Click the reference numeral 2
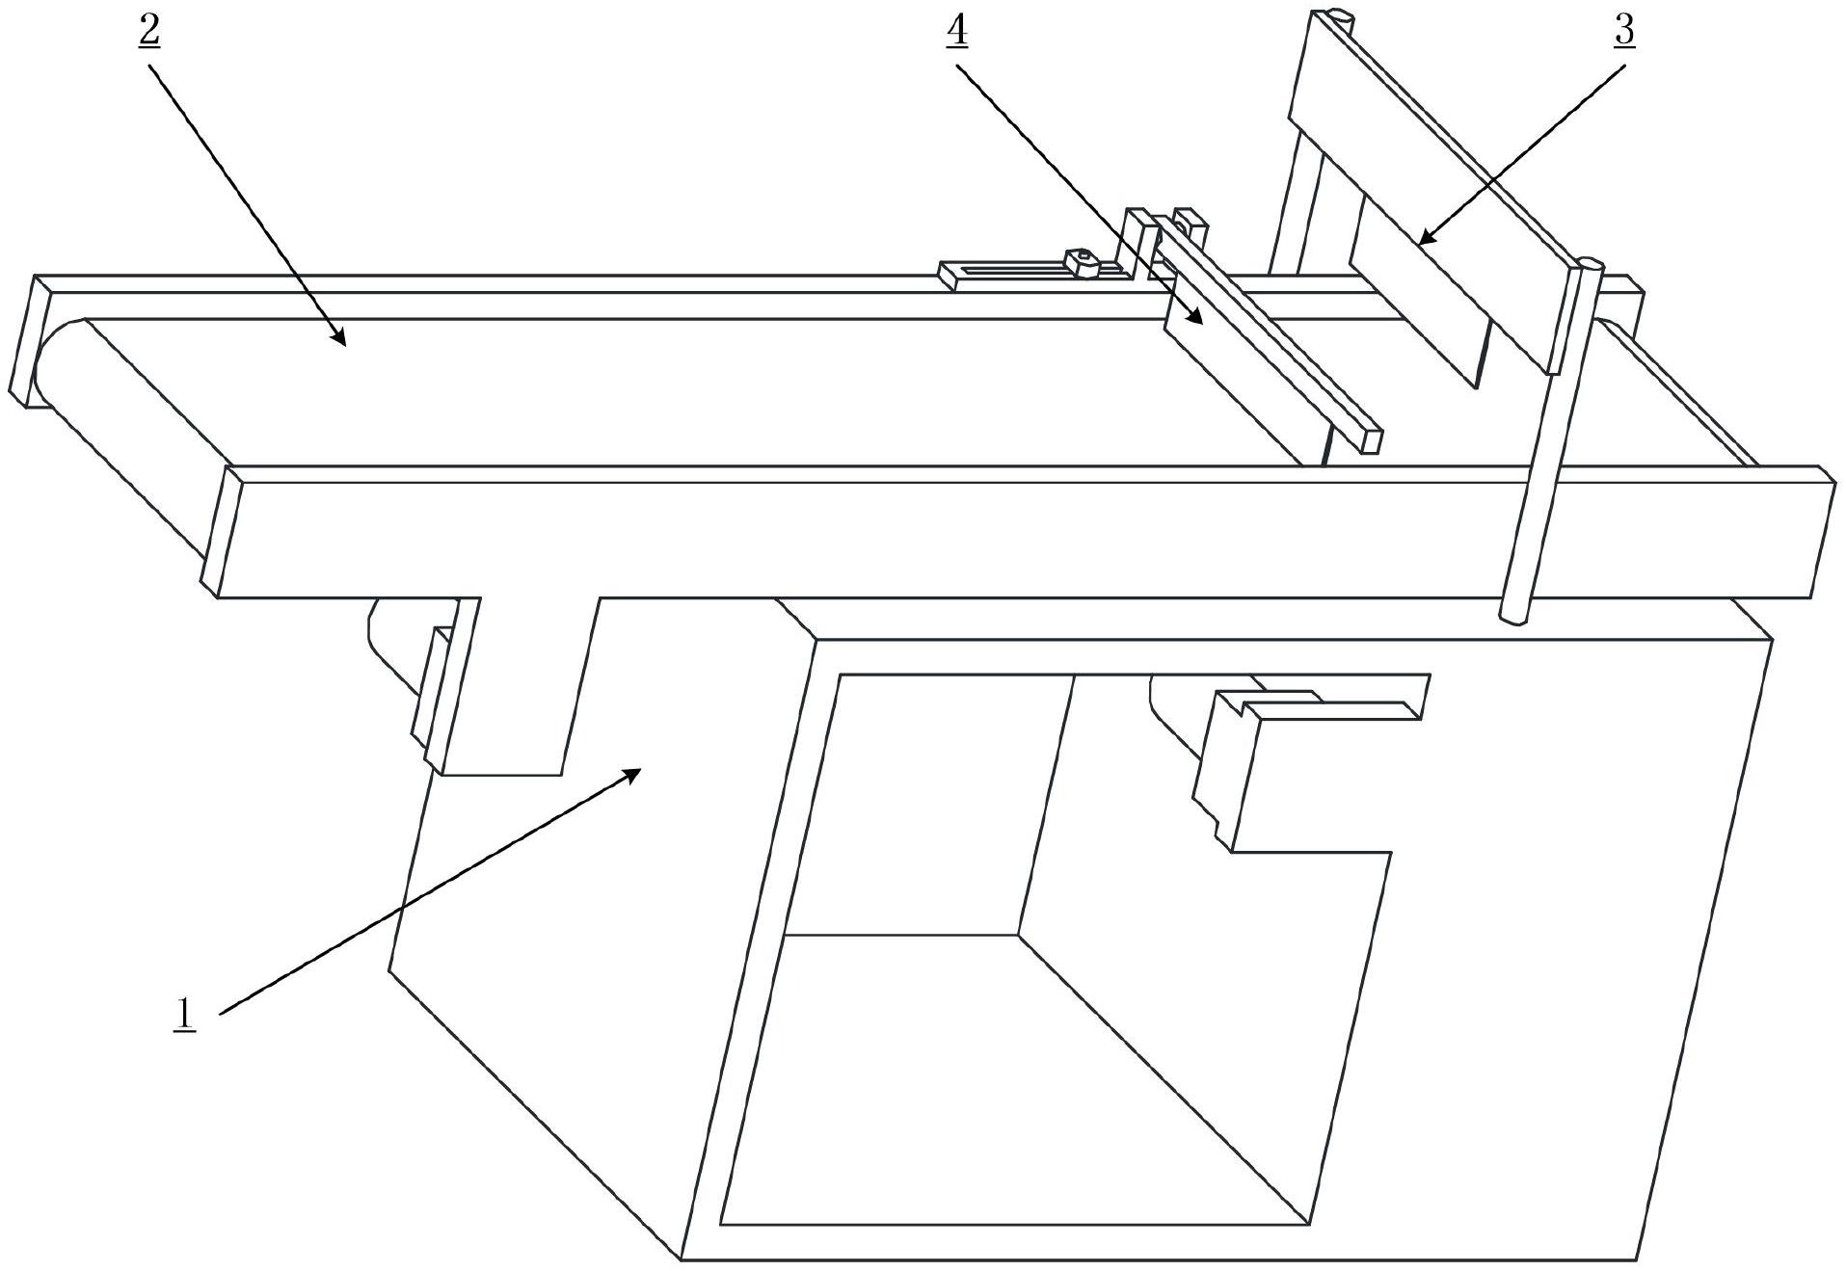[149, 32]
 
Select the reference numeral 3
[1624, 32]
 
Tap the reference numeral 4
[956, 32]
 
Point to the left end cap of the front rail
[216, 530]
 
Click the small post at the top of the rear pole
[1339, 16]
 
